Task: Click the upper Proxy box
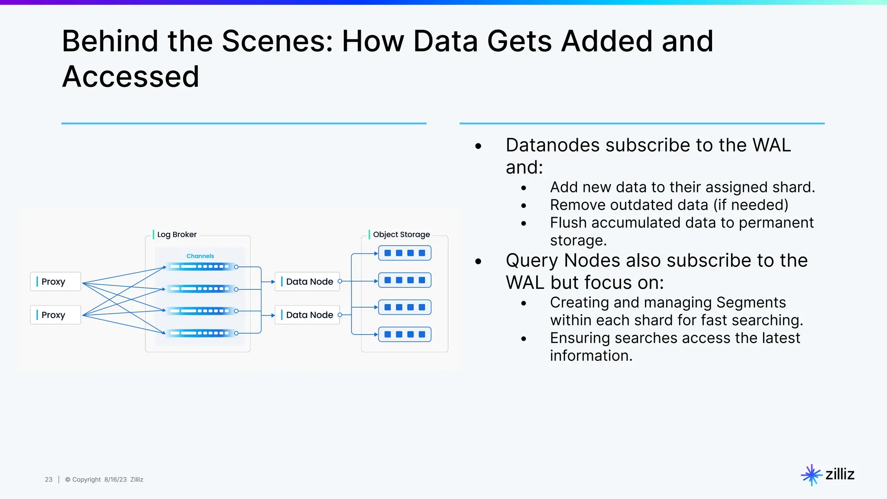(x=55, y=282)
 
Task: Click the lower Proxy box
(x=55, y=315)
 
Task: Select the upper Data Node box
(x=308, y=282)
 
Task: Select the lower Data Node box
(x=308, y=315)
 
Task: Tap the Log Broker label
(x=176, y=234)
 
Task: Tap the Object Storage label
(x=401, y=234)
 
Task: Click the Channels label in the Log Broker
(x=200, y=256)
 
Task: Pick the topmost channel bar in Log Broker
(x=200, y=267)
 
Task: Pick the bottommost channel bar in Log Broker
(x=200, y=333)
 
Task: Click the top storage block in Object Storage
(x=405, y=253)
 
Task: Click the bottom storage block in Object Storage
(x=405, y=334)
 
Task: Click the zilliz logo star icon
(x=811, y=475)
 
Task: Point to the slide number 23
(x=49, y=480)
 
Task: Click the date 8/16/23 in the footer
(x=115, y=480)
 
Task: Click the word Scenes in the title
(x=277, y=41)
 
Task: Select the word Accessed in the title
(x=130, y=77)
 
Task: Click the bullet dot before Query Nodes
(x=478, y=261)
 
